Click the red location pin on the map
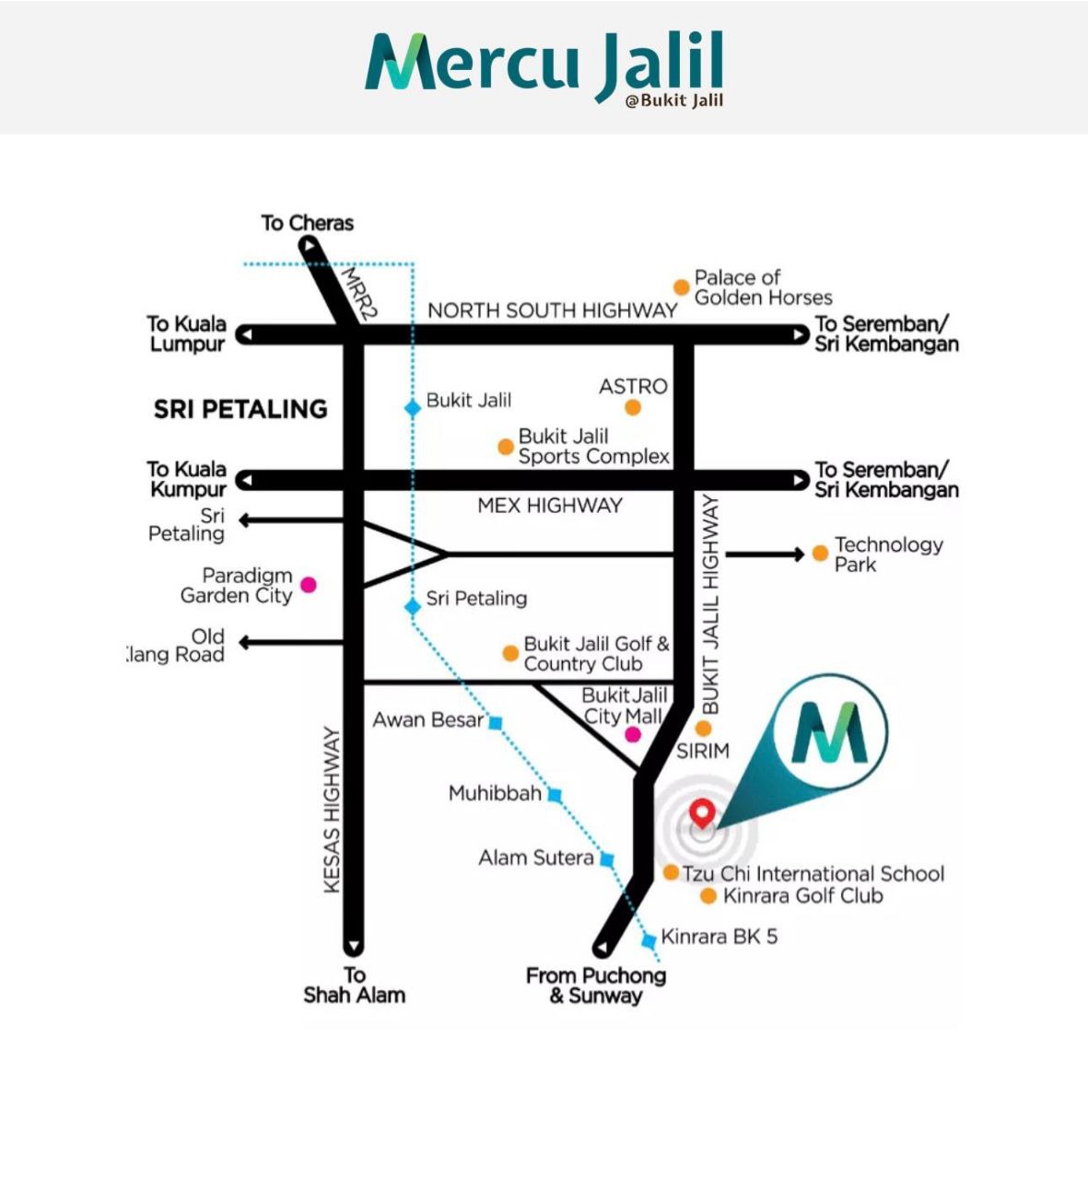tap(702, 813)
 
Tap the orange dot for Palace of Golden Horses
tap(681, 287)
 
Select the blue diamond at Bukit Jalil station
tap(413, 408)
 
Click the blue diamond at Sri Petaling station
tap(413, 607)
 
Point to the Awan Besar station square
tap(496, 722)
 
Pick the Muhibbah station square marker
tap(555, 795)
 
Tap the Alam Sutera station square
tap(606, 859)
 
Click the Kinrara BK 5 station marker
tap(649, 940)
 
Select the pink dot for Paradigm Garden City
tap(309, 585)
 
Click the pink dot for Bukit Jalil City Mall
tap(633, 735)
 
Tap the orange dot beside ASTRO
tap(633, 408)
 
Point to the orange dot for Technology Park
tap(820, 554)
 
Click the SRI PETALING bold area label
tap(240, 409)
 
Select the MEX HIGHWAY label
tap(550, 506)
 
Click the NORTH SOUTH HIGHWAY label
tap(553, 310)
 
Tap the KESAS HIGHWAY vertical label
tap(332, 810)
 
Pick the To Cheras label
tap(307, 223)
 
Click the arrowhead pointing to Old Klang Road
tap(243, 642)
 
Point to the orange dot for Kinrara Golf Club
tap(708, 896)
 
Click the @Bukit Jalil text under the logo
tap(674, 100)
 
